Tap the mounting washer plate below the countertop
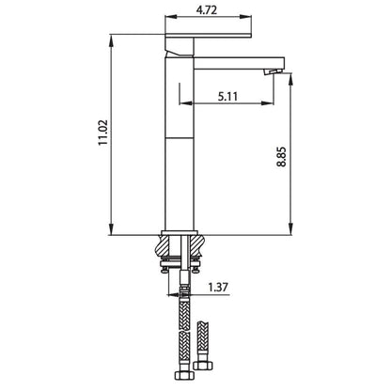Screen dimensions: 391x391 click(182, 266)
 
